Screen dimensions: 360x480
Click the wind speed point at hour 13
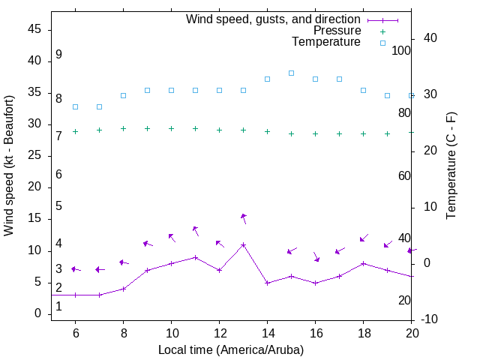tap(243, 244)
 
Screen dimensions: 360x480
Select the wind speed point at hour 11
tap(195, 257)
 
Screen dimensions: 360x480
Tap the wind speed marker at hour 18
tap(363, 263)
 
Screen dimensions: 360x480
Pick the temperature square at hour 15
tap(291, 73)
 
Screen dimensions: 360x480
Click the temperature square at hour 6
tap(75, 106)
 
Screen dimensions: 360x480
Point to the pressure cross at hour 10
tap(171, 128)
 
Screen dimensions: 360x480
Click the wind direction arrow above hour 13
tap(244, 218)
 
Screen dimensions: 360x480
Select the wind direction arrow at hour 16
tap(316, 256)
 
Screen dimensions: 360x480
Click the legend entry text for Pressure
tap(337, 31)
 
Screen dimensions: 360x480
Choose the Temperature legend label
tap(325, 42)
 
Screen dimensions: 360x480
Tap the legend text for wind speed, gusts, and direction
tap(273, 19)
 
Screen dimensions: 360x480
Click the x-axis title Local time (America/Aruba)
tap(231, 349)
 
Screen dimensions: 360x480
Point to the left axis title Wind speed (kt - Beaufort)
tap(9, 165)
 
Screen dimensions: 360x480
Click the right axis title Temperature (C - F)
tap(451, 165)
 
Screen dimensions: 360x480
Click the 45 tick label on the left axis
tap(34, 29)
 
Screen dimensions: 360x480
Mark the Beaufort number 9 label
tap(58, 55)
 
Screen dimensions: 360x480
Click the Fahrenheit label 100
tap(401, 50)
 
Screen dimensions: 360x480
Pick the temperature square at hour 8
tap(123, 95)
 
